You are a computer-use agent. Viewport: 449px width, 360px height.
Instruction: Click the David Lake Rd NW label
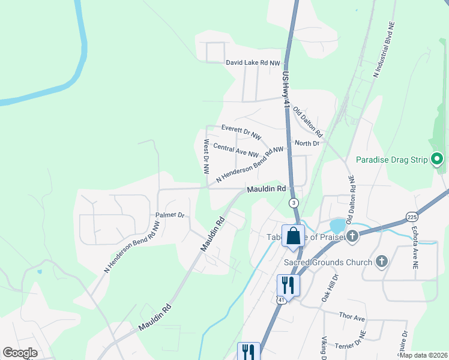(x=253, y=63)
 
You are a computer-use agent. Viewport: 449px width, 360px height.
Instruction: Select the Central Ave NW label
(x=235, y=150)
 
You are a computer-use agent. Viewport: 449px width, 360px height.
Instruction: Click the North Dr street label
(x=307, y=143)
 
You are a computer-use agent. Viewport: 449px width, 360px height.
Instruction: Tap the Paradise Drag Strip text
(x=391, y=160)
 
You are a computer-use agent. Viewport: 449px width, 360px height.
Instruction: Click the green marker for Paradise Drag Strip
(x=438, y=159)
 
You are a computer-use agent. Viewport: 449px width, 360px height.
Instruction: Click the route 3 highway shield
(x=294, y=203)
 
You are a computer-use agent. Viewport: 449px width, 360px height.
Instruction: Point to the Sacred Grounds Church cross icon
(x=381, y=261)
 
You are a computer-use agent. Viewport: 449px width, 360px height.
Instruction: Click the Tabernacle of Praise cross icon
(x=352, y=236)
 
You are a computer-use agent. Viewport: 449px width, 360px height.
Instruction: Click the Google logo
(x=20, y=353)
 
